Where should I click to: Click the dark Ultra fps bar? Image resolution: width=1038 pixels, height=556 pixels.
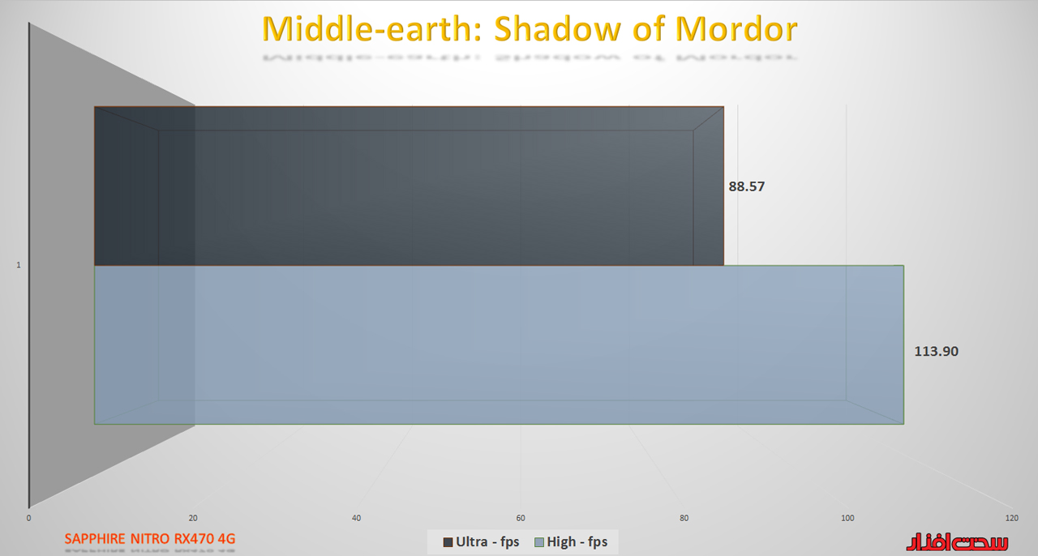click(x=409, y=186)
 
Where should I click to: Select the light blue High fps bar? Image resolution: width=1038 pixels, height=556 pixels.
click(x=499, y=344)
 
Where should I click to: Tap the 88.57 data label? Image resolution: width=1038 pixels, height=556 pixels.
click(x=747, y=186)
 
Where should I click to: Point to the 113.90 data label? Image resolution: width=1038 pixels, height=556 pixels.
click(x=936, y=351)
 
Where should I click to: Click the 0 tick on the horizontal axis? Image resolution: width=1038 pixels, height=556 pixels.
click(x=28, y=518)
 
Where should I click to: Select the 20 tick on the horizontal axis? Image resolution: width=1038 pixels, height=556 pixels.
click(x=193, y=518)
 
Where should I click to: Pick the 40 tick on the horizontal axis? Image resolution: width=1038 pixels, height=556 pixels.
click(x=356, y=518)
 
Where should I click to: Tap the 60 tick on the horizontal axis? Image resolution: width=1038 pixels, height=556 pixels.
click(x=521, y=518)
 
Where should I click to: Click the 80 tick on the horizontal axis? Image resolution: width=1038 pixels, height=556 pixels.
click(x=684, y=518)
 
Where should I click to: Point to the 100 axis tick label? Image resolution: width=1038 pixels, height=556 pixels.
click(x=847, y=518)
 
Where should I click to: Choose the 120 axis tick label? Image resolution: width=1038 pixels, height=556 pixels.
click(x=1011, y=518)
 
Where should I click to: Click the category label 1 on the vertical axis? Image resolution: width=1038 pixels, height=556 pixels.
click(x=19, y=265)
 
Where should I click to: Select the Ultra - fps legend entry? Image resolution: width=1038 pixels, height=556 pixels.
click(x=481, y=541)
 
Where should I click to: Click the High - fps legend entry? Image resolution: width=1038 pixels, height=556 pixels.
click(x=571, y=541)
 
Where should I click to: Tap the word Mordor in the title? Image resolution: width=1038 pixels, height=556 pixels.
click(x=736, y=28)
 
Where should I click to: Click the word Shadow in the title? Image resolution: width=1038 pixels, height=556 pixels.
click(x=557, y=28)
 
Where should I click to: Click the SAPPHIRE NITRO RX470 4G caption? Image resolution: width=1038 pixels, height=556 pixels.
click(x=150, y=539)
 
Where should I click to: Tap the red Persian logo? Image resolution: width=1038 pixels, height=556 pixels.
click(x=958, y=542)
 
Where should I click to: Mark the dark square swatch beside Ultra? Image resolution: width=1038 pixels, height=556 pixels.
click(x=448, y=542)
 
